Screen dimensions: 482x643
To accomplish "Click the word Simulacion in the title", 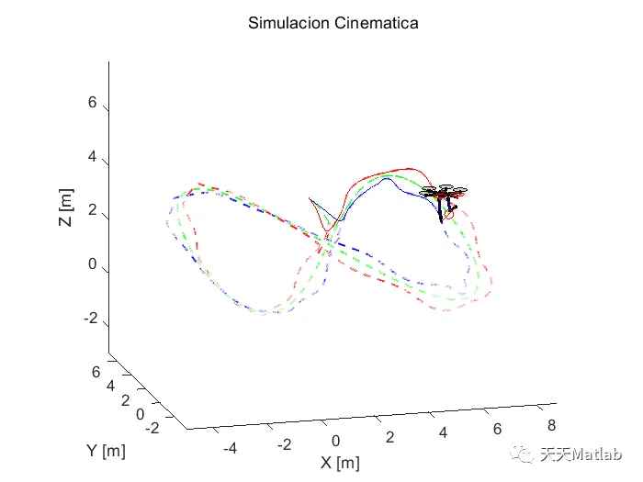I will click(287, 23).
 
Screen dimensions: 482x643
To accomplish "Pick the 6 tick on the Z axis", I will click(92, 103).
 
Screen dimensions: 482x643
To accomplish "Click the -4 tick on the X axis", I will click(230, 447).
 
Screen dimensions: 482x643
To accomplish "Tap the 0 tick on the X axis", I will click(336, 440).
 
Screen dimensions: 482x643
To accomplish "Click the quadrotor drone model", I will click(444, 196).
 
